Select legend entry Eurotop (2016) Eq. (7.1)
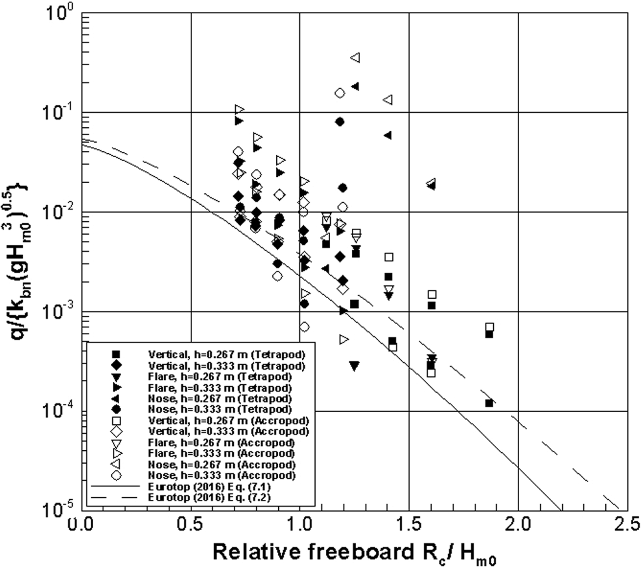click(x=209, y=486)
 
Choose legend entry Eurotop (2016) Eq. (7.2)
click(x=209, y=497)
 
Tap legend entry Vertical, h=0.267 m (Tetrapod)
click(x=226, y=355)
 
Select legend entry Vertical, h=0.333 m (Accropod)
click(x=228, y=431)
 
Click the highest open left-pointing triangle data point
click(x=355, y=58)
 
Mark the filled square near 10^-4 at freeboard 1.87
click(x=489, y=403)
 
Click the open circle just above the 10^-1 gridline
click(x=340, y=93)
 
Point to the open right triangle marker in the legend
click(x=117, y=453)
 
